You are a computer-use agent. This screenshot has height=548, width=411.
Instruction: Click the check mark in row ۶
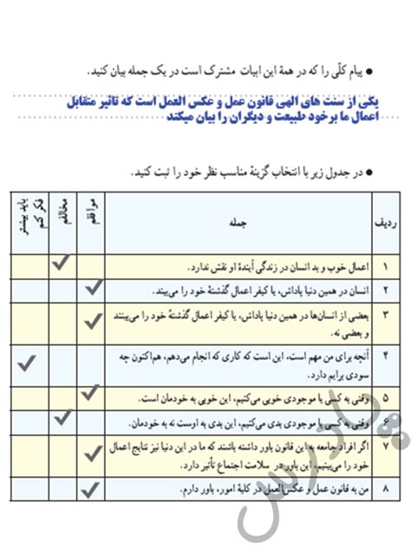pyautogui.click(x=61, y=419)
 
